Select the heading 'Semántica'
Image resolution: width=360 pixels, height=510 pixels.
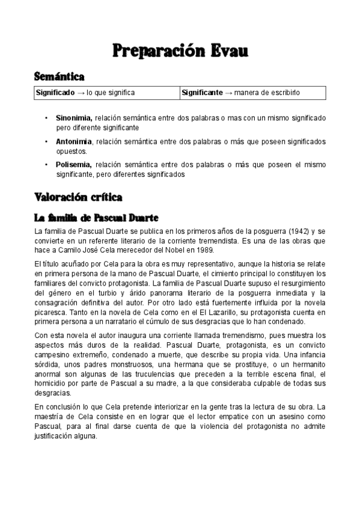(x=59, y=76)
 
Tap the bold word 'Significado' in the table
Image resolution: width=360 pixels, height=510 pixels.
(x=55, y=93)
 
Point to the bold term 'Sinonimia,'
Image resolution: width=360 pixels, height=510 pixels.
(x=74, y=118)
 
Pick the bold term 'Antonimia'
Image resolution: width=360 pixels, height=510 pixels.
(x=74, y=141)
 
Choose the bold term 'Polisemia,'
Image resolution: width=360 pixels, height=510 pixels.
(x=74, y=164)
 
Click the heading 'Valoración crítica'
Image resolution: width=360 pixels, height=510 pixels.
(x=79, y=197)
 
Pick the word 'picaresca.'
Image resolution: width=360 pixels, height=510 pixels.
(x=52, y=313)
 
